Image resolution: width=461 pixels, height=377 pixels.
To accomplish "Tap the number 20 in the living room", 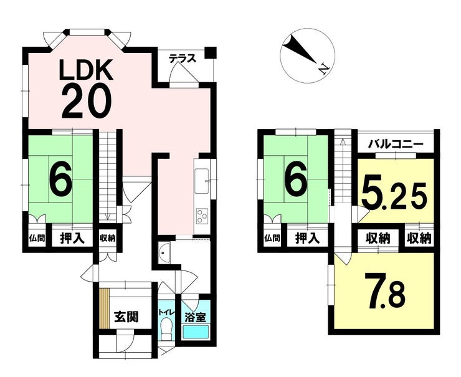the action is [87, 100].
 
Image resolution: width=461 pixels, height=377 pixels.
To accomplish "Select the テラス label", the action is [183, 59].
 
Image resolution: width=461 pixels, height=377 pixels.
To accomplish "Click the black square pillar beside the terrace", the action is [211, 52].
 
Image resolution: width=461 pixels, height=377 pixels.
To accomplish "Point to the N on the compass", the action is [324, 69].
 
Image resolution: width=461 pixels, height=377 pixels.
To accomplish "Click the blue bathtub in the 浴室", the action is [196, 332].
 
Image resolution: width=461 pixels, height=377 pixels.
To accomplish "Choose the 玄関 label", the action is [126, 317].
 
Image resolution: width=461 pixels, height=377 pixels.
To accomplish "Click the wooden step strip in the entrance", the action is [104, 308].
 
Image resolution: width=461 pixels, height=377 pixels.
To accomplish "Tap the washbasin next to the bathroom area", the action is [164, 253].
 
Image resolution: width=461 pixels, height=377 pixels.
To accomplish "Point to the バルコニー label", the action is [396, 145].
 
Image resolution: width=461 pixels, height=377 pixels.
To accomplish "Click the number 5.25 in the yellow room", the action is [394, 194].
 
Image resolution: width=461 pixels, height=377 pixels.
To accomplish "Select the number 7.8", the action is [385, 290].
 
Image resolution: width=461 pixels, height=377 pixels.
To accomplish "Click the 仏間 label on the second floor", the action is [272, 238].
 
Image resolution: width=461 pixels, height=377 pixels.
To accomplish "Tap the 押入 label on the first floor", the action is [72, 238].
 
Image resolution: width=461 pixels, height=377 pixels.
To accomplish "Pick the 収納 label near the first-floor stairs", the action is [107, 238].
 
